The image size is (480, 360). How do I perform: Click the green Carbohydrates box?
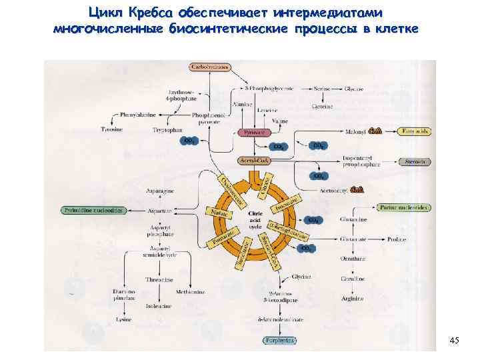210,67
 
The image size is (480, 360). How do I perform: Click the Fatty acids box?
415,131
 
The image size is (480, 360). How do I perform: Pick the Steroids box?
415,161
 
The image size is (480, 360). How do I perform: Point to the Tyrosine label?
111,129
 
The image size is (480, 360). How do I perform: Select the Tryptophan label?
167,129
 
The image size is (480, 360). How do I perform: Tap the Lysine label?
121,320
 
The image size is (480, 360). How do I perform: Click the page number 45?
454,341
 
